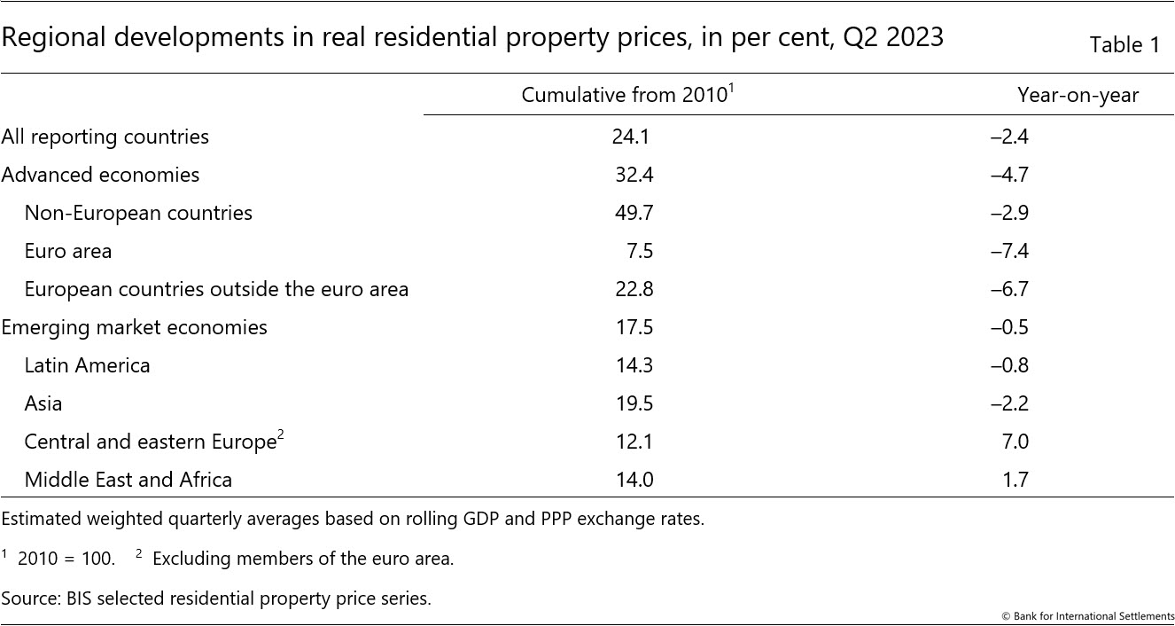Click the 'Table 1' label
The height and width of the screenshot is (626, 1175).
[x=1124, y=45]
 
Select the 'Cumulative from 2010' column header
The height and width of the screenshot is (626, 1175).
[x=625, y=95]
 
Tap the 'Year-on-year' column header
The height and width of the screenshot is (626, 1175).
[x=1078, y=95]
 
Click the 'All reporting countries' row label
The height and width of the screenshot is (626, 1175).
[x=105, y=137]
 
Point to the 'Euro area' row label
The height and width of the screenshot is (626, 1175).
[x=68, y=251]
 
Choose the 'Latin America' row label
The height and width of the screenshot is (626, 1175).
[x=87, y=365]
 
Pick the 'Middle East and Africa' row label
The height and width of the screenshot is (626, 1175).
[x=128, y=480]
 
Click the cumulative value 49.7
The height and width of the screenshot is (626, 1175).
[x=634, y=213]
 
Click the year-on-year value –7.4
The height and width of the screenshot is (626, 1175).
[x=1009, y=251]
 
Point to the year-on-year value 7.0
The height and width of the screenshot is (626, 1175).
[x=1014, y=442]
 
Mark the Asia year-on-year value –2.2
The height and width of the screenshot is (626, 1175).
[x=1009, y=403]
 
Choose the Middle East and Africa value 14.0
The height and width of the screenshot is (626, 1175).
[x=634, y=480]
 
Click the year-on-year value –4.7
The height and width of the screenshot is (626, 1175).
[x=1009, y=175]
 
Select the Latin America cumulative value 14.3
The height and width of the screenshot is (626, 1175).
[x=634, y=365]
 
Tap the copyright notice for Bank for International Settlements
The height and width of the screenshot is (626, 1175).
[x=1088, y=616]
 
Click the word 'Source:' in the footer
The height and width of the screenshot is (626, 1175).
[x=32, y=599]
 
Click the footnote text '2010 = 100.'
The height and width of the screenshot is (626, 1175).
[x=66, y=559]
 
